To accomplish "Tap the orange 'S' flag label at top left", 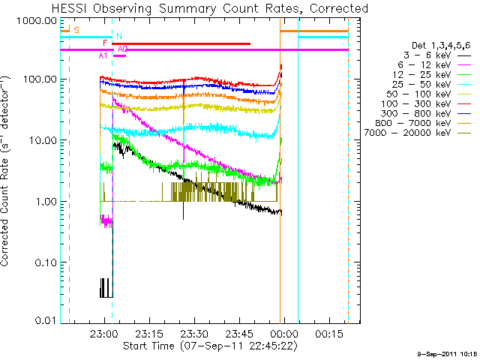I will [76, 30].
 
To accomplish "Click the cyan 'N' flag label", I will [118, 36].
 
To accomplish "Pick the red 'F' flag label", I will [105, 43].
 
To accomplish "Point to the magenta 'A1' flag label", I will [103, 55].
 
